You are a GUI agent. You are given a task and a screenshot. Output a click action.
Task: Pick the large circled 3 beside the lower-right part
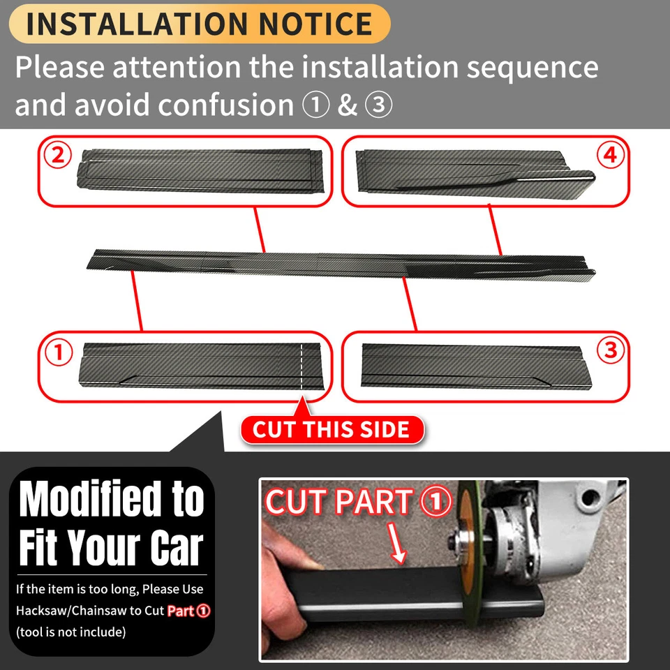tap(610, 351)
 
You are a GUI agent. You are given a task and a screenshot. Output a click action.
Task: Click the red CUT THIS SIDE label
tap(332, 429)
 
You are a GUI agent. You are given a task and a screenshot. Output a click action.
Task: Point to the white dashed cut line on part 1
tap(301, 366)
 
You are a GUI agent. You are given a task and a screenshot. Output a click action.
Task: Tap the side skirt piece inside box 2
tap(202, 168)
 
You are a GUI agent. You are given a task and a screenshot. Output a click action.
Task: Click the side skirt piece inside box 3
tap(475, 365)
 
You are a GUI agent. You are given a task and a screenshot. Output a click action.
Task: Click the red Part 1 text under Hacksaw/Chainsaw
tap(188, 611)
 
